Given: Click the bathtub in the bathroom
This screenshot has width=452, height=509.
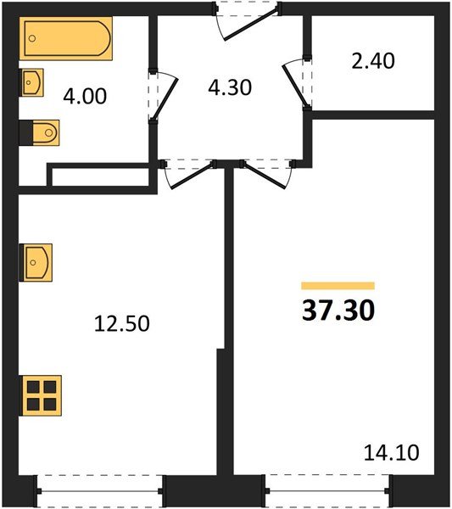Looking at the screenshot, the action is [x=66, y=38].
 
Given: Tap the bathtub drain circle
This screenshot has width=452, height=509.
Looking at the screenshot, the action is [x=31, y=38].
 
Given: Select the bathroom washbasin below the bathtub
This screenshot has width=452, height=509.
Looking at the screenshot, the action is [x=31, y=82].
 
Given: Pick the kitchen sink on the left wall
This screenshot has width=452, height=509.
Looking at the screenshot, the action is [x=36, y=262].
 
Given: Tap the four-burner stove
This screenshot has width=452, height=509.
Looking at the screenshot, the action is [x=41, y=395].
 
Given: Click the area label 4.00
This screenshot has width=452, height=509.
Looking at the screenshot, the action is [x=85, y=97].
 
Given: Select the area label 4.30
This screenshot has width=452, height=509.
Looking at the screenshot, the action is [x=230, y=87].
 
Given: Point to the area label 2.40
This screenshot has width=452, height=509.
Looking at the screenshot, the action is [x=373, y=61].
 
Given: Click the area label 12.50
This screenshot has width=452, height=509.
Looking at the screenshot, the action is [x=122, y=324].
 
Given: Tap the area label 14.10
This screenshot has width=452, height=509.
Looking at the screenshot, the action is [x=391, y=453].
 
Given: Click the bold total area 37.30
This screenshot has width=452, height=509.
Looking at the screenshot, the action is [x=338, y=310].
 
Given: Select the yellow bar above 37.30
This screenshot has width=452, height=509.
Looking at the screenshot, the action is [x=338, y=286].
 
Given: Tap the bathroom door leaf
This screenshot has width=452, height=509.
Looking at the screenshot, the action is [x=165, y=99].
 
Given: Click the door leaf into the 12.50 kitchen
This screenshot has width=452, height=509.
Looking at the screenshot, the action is [x=193, y=176].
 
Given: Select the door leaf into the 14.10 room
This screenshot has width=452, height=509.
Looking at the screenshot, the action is [x=264, y=175].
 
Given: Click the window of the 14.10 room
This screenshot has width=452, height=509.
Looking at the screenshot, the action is [x=327, y=491].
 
